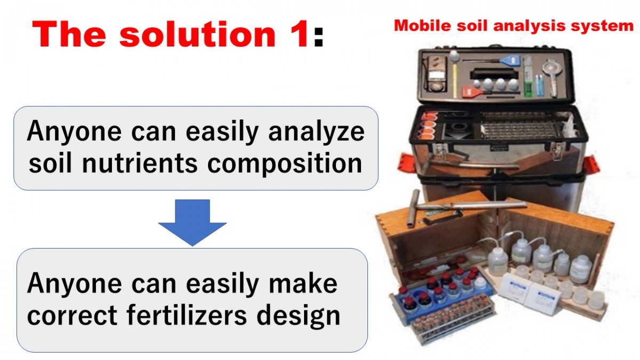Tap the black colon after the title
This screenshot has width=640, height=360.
[318, 37]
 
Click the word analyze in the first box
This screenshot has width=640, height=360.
[316, 132]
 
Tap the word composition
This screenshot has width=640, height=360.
[285, 165]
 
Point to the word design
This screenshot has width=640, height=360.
[298, 317]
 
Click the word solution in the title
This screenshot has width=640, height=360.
[198, 34]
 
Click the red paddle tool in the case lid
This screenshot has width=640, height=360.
[483, 92]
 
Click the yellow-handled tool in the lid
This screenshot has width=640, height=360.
[454, 74]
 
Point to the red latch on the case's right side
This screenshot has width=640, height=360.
[591, 164]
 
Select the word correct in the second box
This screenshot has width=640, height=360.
[72, 315]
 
